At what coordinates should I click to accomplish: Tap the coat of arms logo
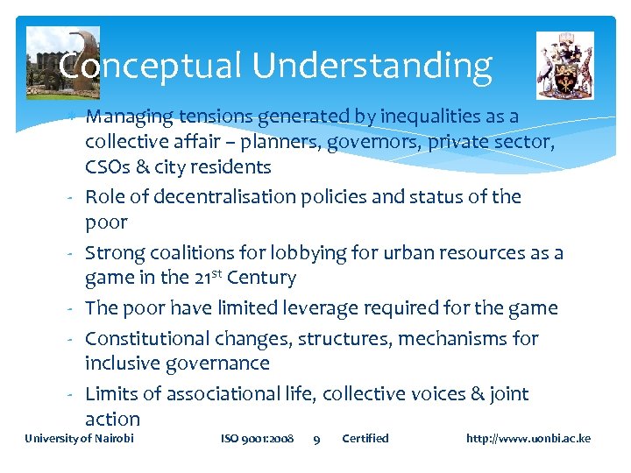coord(564,65)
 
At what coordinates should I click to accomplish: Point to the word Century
coord(261,279)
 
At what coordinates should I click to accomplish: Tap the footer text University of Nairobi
coord(79,438)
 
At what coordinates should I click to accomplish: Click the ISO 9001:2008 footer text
coord(257,438)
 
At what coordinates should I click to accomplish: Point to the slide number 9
coord(316,439)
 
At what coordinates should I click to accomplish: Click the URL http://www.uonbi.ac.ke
coord(528,438)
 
